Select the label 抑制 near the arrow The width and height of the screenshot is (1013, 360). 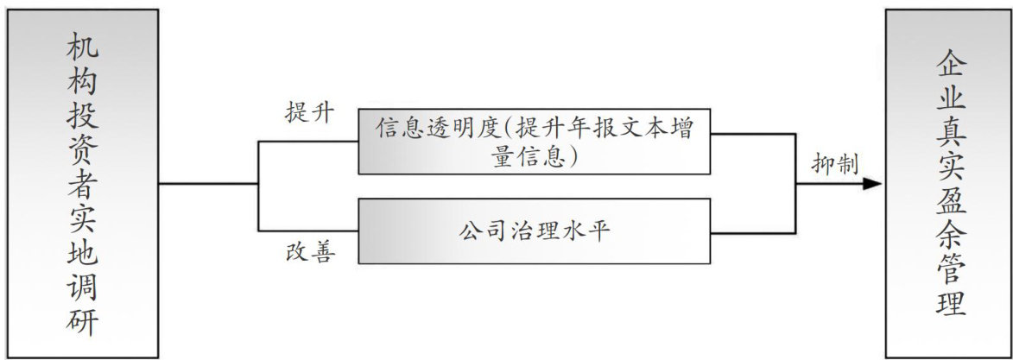point(835,165)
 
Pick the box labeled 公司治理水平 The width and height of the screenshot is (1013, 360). point(535,231)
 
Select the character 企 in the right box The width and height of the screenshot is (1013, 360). point(951,64)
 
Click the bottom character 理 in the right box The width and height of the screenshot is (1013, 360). point(951,305)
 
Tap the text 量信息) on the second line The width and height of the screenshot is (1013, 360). point(535,158)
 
